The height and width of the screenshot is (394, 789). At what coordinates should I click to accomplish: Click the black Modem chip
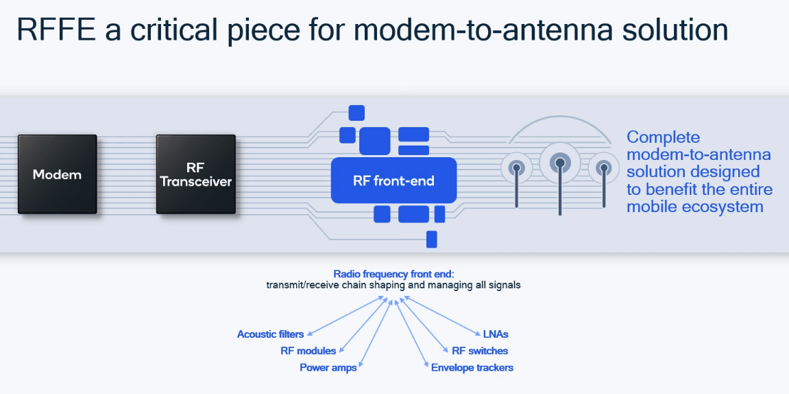[57, 174]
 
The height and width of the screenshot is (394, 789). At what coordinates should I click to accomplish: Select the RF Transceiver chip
[195, 174]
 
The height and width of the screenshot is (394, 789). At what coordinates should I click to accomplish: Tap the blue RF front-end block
[393, 181]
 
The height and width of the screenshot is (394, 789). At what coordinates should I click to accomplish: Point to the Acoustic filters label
[270, 334]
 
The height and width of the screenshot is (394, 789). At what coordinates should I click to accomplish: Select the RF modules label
[308, 351]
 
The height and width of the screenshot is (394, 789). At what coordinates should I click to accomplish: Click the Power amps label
[328, 368]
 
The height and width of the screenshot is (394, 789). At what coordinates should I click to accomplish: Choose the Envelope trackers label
[472, 368]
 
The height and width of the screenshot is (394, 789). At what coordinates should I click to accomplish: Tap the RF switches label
[478, 351]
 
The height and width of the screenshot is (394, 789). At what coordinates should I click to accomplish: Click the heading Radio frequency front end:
[389, 273]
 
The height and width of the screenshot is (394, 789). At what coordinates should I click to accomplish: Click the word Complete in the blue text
[663, 137]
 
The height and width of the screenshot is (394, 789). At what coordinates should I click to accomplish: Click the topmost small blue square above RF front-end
[356, 113]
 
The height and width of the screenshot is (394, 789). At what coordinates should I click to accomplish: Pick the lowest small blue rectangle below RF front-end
[431, 240]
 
